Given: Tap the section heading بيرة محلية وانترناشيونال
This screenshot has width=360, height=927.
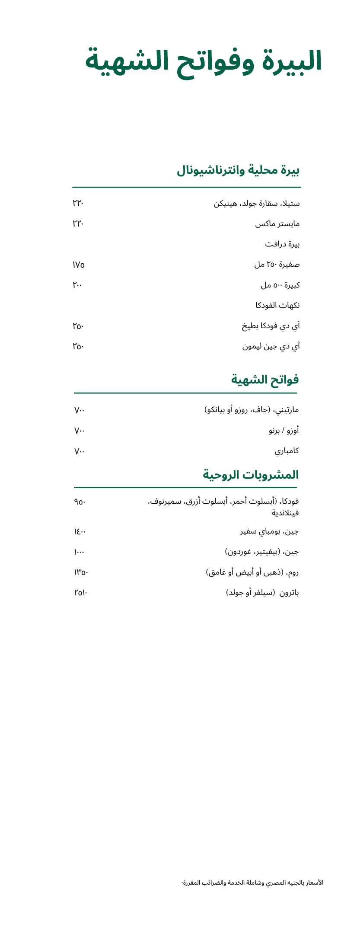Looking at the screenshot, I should (238, 170).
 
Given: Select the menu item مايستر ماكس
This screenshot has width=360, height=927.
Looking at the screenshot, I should (277, 224).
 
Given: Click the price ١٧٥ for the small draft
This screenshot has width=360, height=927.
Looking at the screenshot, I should (79, 265).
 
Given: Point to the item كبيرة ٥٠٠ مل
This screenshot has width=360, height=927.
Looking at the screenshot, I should (280, 285).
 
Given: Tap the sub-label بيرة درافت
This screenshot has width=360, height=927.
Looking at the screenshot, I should (282, 244).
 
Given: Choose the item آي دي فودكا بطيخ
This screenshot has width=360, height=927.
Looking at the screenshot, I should (271, 326).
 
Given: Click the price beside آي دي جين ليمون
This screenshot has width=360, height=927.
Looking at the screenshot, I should (78, 347).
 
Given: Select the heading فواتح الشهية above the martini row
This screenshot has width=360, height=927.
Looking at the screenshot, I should (264, 380).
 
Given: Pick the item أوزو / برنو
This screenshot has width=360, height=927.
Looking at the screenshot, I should (284, 431).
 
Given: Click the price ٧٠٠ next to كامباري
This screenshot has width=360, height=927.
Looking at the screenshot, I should (80, 451).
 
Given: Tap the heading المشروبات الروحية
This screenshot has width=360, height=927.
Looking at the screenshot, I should (251, 475).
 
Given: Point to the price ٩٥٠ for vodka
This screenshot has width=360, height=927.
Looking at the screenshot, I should (80, 502).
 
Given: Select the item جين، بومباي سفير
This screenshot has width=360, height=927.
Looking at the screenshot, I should (269, 531).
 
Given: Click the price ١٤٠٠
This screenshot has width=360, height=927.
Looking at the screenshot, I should (80, 531).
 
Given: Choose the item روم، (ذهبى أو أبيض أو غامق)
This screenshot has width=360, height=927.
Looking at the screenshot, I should (252, 572).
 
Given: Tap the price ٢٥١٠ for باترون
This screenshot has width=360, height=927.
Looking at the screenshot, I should (81, 593).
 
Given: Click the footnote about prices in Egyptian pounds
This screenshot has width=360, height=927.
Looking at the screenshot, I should (252, 882).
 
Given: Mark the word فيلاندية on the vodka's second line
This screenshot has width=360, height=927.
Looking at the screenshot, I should (285, 513).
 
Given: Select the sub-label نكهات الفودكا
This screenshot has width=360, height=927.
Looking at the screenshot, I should (277, 306).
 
